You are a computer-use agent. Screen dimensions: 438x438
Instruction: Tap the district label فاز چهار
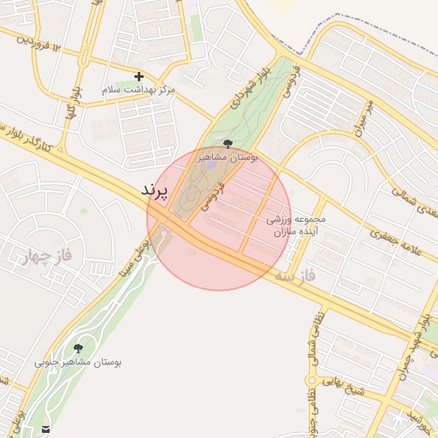(x=34, y=254)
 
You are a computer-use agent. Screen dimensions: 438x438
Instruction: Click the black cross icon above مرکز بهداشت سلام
(x=139, y=76)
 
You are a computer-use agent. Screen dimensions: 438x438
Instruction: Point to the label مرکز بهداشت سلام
(x=139, y=89)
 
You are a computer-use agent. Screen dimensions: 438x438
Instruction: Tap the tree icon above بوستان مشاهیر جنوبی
(x=79, y=348)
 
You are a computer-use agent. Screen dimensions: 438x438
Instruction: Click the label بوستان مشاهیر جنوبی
(x=78, y=362)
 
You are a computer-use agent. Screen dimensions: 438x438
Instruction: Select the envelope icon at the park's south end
(x=44, y=428)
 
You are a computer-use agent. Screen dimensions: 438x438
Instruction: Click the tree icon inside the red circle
(x=227, y=144)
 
